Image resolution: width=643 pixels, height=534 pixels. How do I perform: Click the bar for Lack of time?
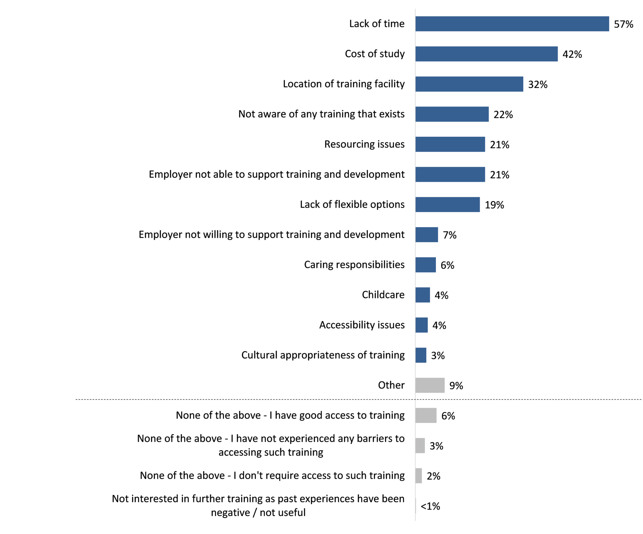[x=512, y=24]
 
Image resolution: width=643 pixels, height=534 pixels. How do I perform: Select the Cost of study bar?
[x=486, y=54]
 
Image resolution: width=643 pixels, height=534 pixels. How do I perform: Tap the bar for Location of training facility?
[x=469, y=84]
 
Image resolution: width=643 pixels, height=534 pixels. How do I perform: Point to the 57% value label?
[x=623, y=24]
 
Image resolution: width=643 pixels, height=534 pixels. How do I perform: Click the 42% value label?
[x=572, y=54]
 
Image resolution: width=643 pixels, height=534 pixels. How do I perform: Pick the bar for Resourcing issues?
[x=450, y=145]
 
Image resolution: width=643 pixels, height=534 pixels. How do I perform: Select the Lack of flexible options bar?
[x=448, y=205]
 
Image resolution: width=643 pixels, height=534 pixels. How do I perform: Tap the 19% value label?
[x=494, y=205]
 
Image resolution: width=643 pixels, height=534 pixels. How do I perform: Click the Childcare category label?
[x=383, y=295]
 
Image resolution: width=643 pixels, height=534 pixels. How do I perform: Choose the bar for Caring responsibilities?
[x=425, y=265]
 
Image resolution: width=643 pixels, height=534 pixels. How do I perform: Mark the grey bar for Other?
[x=430, y=385]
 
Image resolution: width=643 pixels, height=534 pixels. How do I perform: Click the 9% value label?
[x=456, y=386]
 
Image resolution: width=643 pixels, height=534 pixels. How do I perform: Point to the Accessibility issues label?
[x=362, y=325]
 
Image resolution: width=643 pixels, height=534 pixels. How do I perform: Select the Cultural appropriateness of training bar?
[x=421, y=355]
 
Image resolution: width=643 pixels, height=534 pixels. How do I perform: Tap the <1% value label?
[x=430, y=506]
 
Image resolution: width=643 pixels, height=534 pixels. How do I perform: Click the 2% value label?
[x=433, y=476]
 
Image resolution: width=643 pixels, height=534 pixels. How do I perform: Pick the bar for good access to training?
[x=426, y=415]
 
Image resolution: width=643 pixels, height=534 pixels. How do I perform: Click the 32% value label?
[x=538, y=85]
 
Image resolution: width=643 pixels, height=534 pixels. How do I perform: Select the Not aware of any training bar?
[x=452, y=114]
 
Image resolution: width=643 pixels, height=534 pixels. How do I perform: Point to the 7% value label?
[x=450, y=235]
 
